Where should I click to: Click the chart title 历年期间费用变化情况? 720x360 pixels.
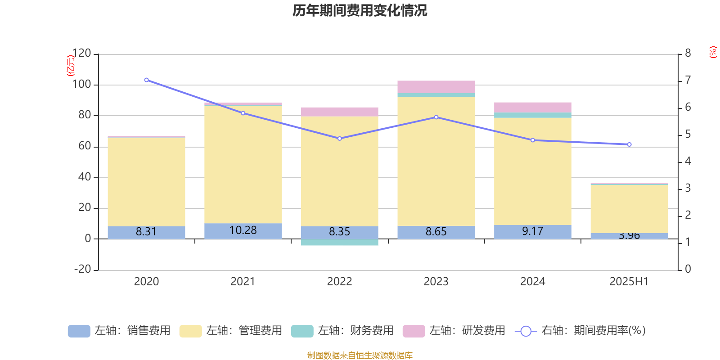360,10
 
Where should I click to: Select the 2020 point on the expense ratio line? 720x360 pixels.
146,80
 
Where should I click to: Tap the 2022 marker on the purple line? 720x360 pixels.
339,139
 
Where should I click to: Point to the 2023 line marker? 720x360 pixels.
436,117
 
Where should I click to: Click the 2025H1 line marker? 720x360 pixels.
629,144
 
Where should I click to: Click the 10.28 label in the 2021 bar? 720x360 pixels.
243,230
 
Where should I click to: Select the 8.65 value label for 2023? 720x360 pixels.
436,232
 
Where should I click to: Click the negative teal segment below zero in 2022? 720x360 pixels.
339,243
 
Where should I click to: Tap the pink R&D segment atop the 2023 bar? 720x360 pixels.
436,87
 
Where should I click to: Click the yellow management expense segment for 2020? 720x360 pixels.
146,182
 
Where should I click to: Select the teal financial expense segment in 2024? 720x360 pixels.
533,115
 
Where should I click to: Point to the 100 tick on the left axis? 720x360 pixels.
81,85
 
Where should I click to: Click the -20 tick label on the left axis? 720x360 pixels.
81,269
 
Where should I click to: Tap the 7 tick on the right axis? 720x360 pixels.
688,80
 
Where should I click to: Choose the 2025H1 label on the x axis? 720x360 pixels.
629,282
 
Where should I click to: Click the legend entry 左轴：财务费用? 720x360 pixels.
342,331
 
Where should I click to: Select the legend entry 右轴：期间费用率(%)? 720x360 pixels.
580,331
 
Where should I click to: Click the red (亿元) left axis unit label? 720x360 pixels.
70,66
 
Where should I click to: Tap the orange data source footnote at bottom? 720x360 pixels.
360,355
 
